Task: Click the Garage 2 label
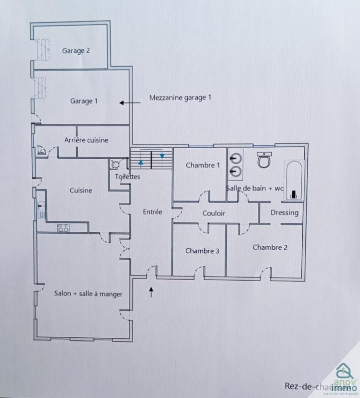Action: [76, 50]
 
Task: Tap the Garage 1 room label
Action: [84, 101]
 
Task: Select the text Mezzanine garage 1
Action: [180, 98]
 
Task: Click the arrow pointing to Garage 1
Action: [129, 103]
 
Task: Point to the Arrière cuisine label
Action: [86, 140]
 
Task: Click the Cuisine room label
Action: [81, 190]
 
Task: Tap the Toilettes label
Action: [127, 177]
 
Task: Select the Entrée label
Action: [152, 212]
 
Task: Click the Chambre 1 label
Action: [203, 165]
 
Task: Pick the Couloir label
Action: [214, 213]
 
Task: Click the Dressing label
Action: [284, 213]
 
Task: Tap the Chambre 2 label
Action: [269, 247]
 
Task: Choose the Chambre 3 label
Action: [202, 251]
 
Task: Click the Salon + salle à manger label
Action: [88, 294]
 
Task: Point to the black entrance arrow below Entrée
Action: [151, 291]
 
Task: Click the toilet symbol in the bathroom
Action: [264, 160]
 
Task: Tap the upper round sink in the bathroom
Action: [235, 159]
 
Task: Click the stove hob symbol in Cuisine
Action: [63, 228]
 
